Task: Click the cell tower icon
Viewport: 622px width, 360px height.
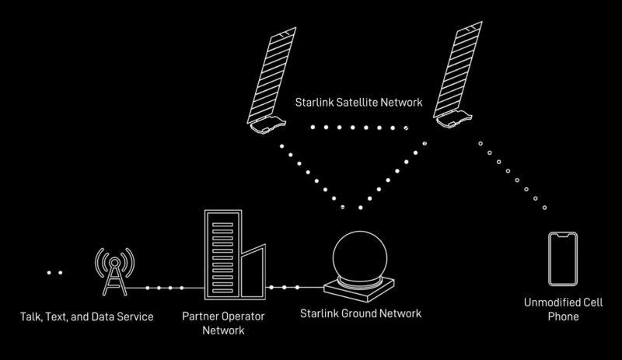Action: [114, 271]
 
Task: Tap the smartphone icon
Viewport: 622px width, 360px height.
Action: [563, 259]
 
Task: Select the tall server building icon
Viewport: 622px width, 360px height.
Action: [223, 254]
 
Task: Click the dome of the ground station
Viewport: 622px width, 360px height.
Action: [360, 256]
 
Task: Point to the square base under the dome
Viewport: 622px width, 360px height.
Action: [359, 289]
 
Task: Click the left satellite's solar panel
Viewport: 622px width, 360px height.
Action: [272, 75]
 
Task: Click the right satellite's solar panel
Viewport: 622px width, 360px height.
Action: [459, 69]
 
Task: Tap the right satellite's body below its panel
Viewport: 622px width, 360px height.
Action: [454, 119]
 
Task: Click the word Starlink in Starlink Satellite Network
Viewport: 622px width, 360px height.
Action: [314, 103]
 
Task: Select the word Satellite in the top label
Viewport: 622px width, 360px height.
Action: [357, 103]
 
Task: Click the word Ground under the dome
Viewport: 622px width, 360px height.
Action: [359, 313]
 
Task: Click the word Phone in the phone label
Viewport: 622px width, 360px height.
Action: [563, 316]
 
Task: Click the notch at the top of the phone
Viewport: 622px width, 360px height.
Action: [563, 236]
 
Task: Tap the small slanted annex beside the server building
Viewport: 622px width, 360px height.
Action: [253, 272]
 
